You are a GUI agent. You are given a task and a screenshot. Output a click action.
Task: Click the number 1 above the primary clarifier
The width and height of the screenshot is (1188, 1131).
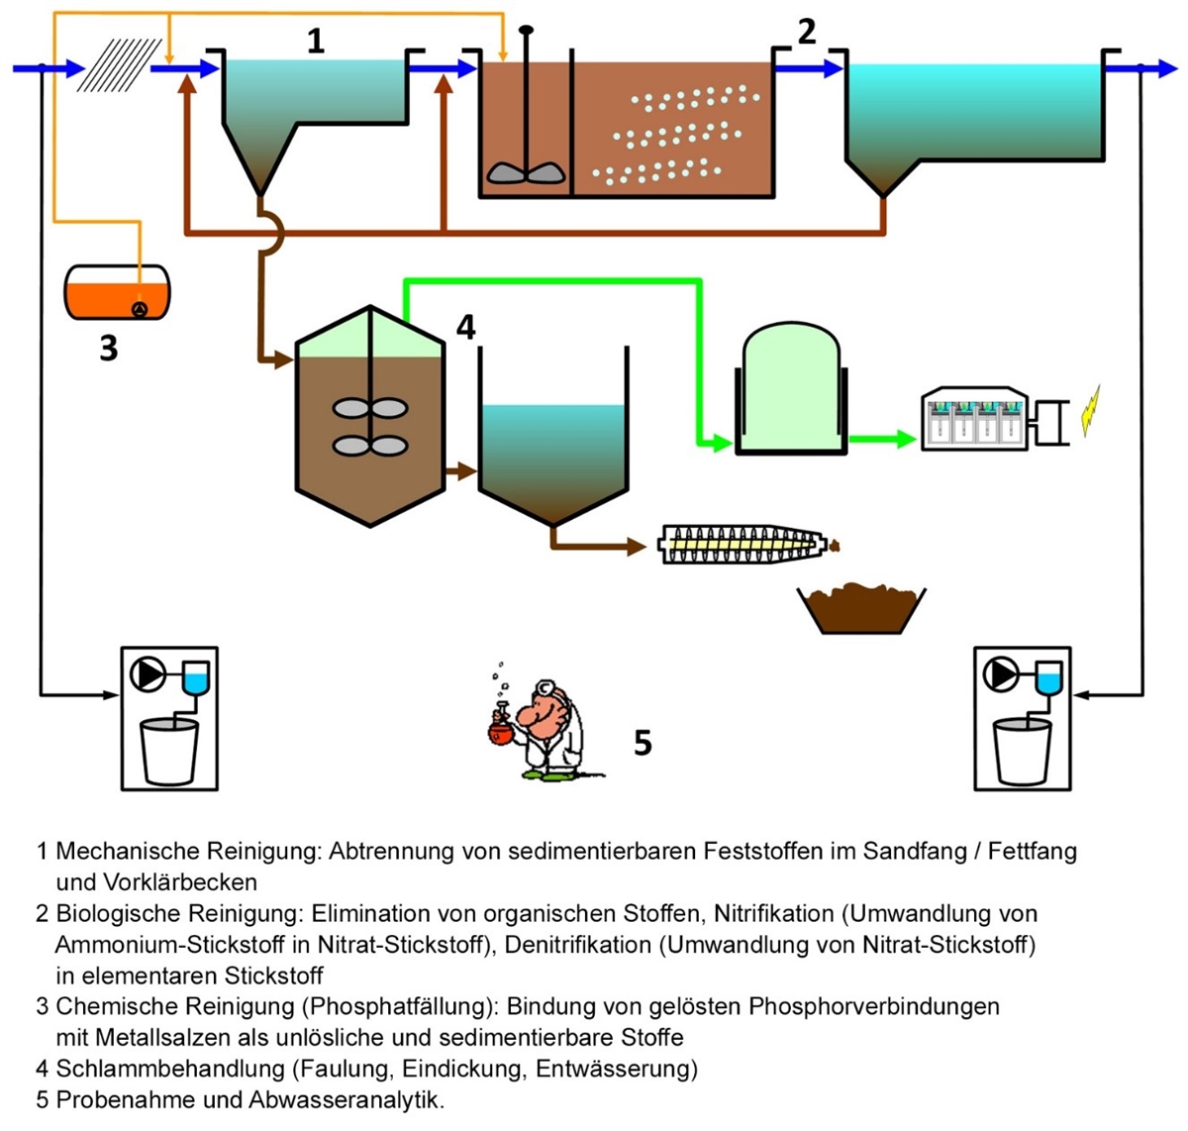pos(316,42)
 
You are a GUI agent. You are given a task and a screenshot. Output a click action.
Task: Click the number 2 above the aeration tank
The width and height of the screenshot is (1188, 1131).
pos(807,32)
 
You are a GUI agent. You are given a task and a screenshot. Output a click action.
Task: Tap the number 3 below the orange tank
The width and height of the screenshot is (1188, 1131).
pos(109,348)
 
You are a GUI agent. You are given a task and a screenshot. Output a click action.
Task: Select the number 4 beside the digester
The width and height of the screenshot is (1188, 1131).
pos(465,327)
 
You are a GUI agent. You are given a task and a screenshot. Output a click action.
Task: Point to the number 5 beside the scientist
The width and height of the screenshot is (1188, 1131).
pos(643,742)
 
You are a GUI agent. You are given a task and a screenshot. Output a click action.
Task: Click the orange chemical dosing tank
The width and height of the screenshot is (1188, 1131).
pos(117,291)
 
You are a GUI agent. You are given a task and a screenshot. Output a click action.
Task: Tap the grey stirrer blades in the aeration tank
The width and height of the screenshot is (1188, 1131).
pos(526,172)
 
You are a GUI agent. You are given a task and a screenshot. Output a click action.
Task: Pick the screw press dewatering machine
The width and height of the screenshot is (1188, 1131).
pos(742,544)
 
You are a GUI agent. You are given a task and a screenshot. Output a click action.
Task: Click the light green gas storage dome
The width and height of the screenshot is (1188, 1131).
pos(790,388)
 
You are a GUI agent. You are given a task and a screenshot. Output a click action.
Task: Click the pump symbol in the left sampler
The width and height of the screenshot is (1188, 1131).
pos(148,675)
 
